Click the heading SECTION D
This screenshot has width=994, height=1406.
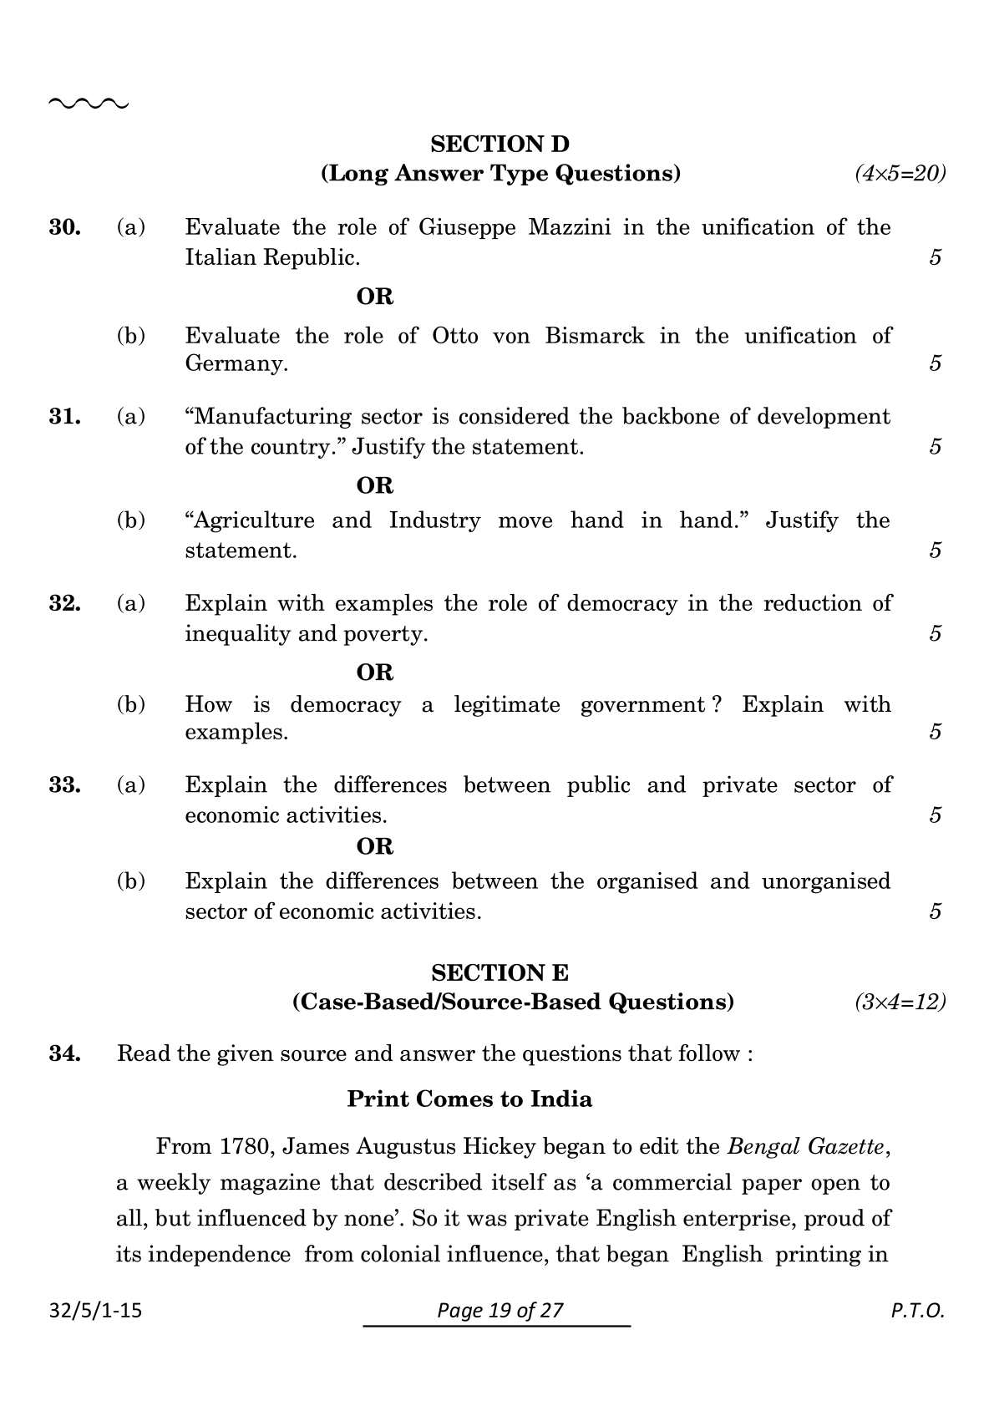(x=500, y=144)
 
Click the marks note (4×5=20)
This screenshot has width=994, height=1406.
(x=900, y=174)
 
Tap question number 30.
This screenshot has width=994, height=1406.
(x=64, y=227)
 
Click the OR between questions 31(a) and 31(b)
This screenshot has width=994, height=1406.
(x=374, y=485)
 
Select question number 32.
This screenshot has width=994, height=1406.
(x=64, y=603)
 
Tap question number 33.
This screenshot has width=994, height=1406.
(x=64, y=785)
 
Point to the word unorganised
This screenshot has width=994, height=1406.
(x=825, y=881)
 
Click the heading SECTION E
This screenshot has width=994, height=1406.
(x=500, y=972)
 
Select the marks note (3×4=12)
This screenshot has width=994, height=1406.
(x=900, y=1002)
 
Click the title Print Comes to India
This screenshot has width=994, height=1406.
(x=469, y=1099)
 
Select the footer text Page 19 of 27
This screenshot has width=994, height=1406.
(x=500, y=1310)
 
